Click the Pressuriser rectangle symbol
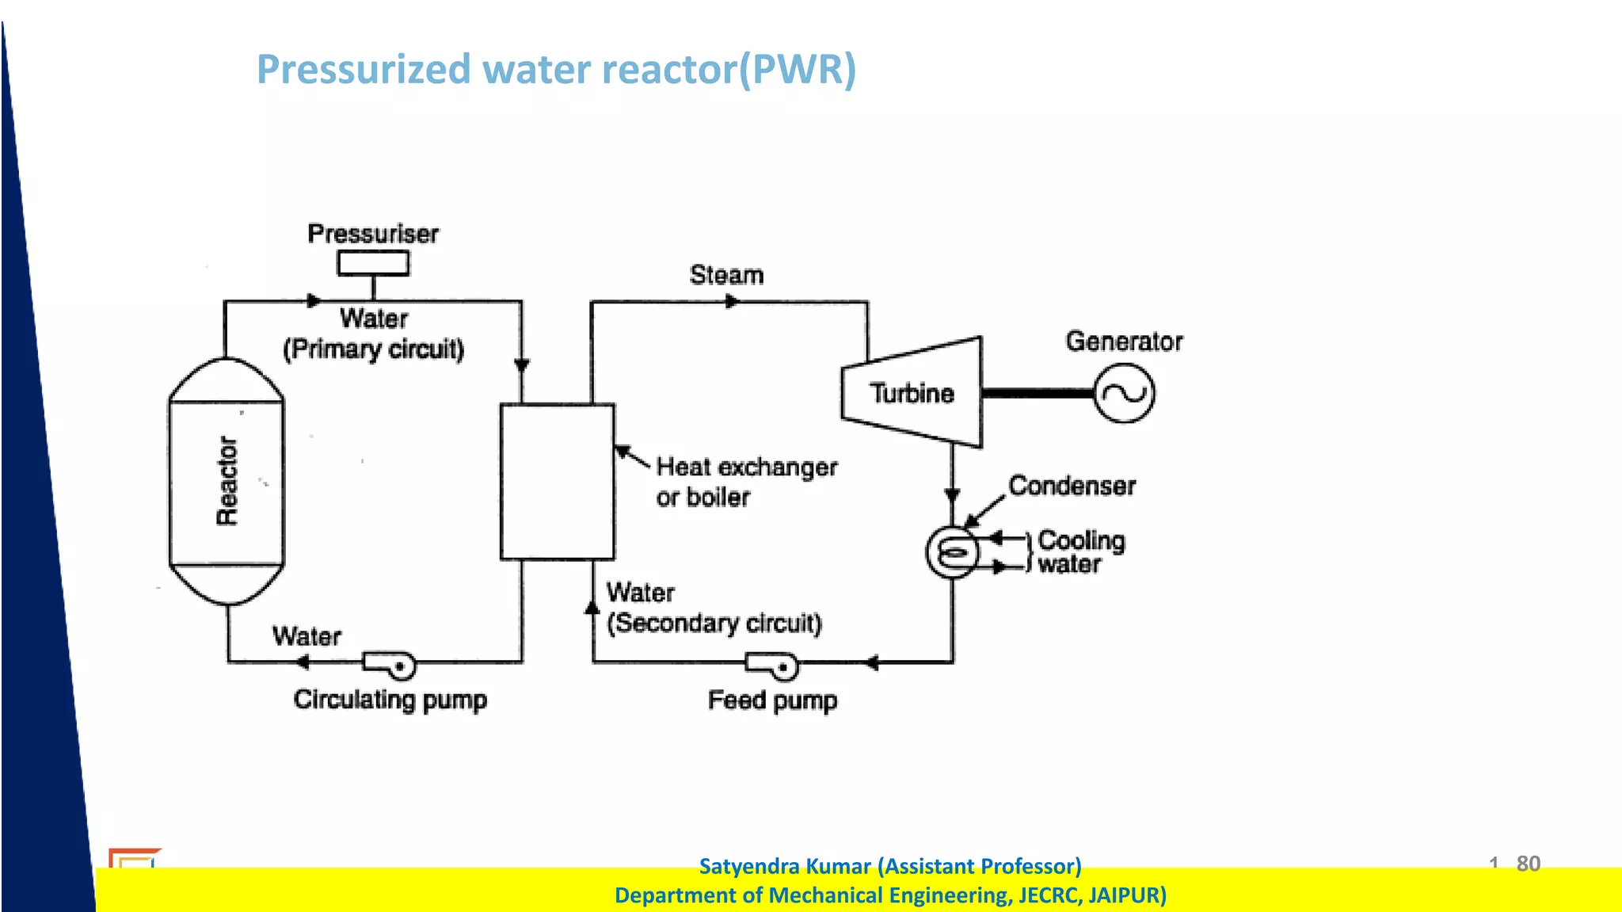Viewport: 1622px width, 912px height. click(x=373, y=263)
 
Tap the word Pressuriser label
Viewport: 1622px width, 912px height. click(x=373, y=234)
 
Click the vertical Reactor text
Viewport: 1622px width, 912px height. click(x=227, y=480)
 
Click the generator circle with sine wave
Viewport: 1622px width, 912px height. click(x=1124, y=393)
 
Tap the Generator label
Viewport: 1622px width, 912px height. click(x=1124, y=342)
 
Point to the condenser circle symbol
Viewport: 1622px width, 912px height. click(x=952, y=552)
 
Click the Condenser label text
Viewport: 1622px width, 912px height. click(x=1072, y=486)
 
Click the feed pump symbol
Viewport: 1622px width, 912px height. click(x=774, y=666)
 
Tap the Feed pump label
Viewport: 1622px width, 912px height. click(x=772, y=700)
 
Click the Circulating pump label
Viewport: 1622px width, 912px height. click(x=390, y=700)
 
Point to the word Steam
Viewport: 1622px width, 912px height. click(x=726, y=275)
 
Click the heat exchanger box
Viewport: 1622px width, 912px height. click(x=557, y=482)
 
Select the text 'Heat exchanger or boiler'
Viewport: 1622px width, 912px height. click(x=744, y=482)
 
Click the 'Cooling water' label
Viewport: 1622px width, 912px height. click(x=1080, y=552)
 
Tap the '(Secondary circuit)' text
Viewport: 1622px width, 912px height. click(x=714, y=624)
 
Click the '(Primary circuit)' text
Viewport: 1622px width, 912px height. click(x=373, y=349)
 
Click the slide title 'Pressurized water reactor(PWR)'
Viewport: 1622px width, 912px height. click(x=556, y=70)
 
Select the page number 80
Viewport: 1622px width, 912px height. click(x=1528, y=863)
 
